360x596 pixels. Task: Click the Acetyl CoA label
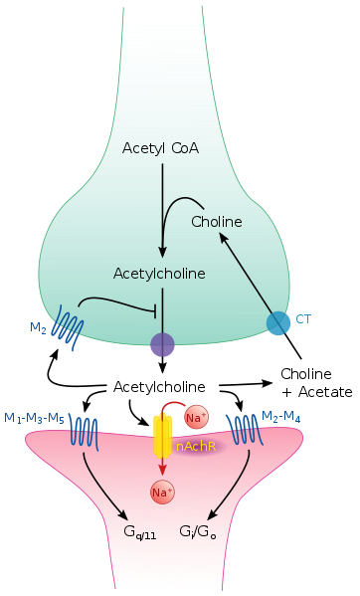[x=160, y=148]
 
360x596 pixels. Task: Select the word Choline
[x=217, y=221]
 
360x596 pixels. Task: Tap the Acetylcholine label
[x=159, y=272]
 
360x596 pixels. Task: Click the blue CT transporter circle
[x=278, y=322]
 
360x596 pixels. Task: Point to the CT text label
[x=304, y=318]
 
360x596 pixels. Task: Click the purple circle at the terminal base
[x=162, y=345]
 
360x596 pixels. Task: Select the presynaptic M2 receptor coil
[x=65, y=331]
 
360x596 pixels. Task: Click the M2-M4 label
[x=281, y=416]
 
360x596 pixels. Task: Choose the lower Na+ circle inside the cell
[x=162, y=492]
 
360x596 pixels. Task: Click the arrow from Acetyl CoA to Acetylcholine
[x=162, y=209]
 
